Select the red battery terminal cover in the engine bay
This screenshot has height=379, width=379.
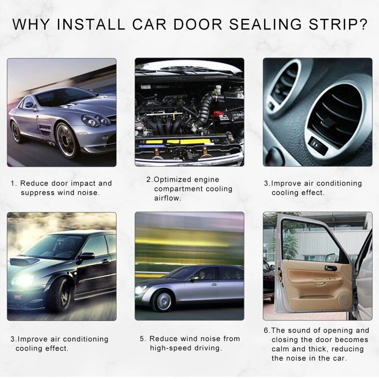218,114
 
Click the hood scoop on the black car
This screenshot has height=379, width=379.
24,261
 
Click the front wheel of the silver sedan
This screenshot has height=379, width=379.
163,300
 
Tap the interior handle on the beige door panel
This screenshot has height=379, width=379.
330,268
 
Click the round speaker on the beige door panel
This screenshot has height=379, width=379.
345,299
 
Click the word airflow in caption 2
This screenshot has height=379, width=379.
167,198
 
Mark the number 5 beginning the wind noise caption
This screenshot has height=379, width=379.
142,339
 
